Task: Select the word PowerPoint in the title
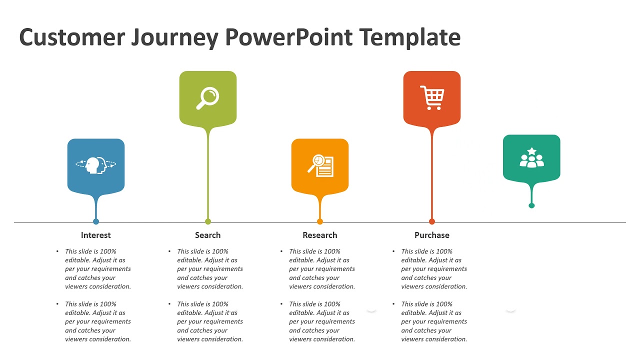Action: coord(288,37)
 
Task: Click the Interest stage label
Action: coord(95,235)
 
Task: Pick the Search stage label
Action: coord(207,235)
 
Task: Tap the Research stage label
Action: coord(319,235)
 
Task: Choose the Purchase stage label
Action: coord(431,235)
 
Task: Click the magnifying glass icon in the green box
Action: coord(207,98)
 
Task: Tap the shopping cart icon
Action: coord(432,97)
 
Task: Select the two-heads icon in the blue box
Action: coord(95,165)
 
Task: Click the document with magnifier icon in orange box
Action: coord(320,165)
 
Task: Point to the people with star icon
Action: coord(531,157)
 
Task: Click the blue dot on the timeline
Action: coord(96,221)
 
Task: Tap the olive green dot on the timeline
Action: coord(208,221)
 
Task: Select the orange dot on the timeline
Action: coord(320,221)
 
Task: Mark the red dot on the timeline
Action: coord(432,221)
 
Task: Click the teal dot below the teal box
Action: coord(531,205)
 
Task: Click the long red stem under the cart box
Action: coord(432,175)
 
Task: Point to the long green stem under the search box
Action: coord(208,175)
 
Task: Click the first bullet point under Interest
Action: coord(97,269)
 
